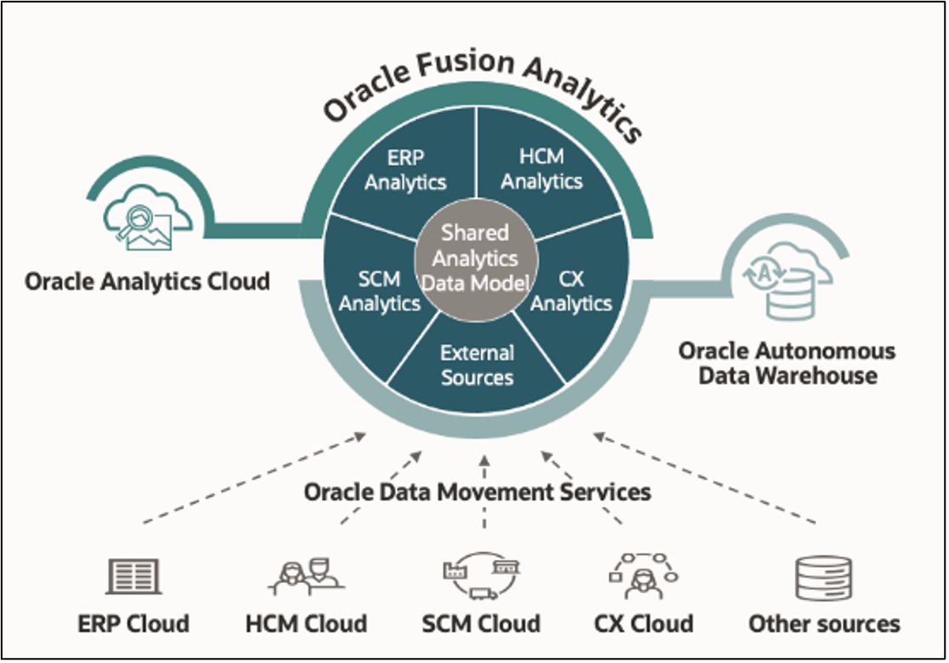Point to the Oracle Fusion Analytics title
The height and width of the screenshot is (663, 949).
click(x=482, y=89)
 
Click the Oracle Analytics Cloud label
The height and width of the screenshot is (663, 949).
click(x=146, y=281)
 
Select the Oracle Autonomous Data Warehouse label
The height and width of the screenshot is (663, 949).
click(x=786, y=363)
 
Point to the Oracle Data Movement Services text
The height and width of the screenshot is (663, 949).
click(x=477, y=492)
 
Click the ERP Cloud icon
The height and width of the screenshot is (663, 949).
click(x=134, y=576)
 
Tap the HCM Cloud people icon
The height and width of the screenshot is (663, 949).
click(x=306, y=576)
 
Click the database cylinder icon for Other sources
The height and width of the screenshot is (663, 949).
click(x=823, y=579)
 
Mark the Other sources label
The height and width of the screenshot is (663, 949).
click(x=824, y=624)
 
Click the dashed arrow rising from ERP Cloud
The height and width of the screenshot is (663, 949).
click(x=255, y=477)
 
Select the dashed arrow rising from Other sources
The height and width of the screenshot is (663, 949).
click(x=706, y=477)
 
